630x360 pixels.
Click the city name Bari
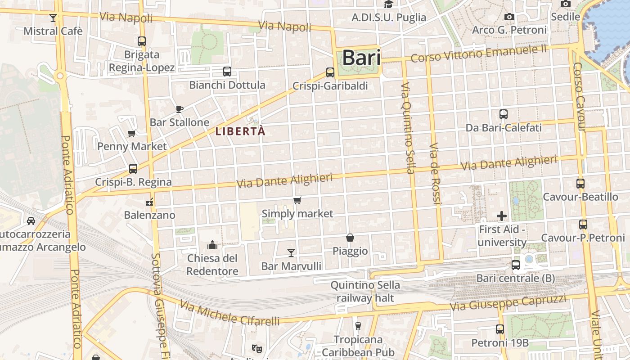(x=361, y=58)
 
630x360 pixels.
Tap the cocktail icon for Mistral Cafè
(x=53, y=18)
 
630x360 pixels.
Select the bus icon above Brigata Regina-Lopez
(x=142, y=41)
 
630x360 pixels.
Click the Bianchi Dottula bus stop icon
(x=227, y=72)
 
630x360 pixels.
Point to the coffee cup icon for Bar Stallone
(x=180, y=109)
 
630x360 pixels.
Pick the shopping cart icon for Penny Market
(x=132, y=133)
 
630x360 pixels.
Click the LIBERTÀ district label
(x=240, y=131)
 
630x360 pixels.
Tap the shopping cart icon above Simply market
(x=297, y=200)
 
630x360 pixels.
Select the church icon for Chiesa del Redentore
(x=212, y=245)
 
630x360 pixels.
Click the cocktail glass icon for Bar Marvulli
(x=291, y=253)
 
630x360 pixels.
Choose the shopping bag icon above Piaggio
(x=350, y=238)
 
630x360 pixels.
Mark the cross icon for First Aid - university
(x=502, y=216)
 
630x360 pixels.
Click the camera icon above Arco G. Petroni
(x=509, y=17)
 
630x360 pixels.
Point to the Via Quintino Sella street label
(x=407, y=128)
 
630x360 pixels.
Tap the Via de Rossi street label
(x=435, y=174)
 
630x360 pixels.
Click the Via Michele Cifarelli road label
(x=229, y=313)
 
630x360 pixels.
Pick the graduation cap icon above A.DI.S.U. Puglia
(x=388, y=4)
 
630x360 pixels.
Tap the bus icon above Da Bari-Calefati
(x=504, y=114)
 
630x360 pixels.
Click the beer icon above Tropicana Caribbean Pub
(x=358, y=326)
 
